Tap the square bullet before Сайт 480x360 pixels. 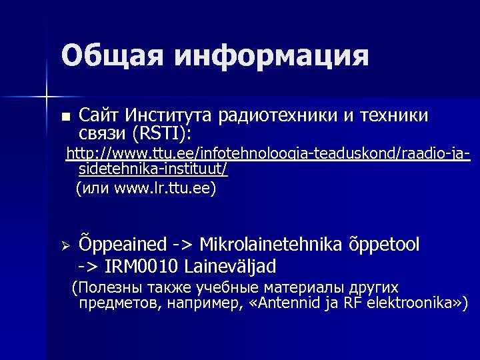[65, 117]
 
